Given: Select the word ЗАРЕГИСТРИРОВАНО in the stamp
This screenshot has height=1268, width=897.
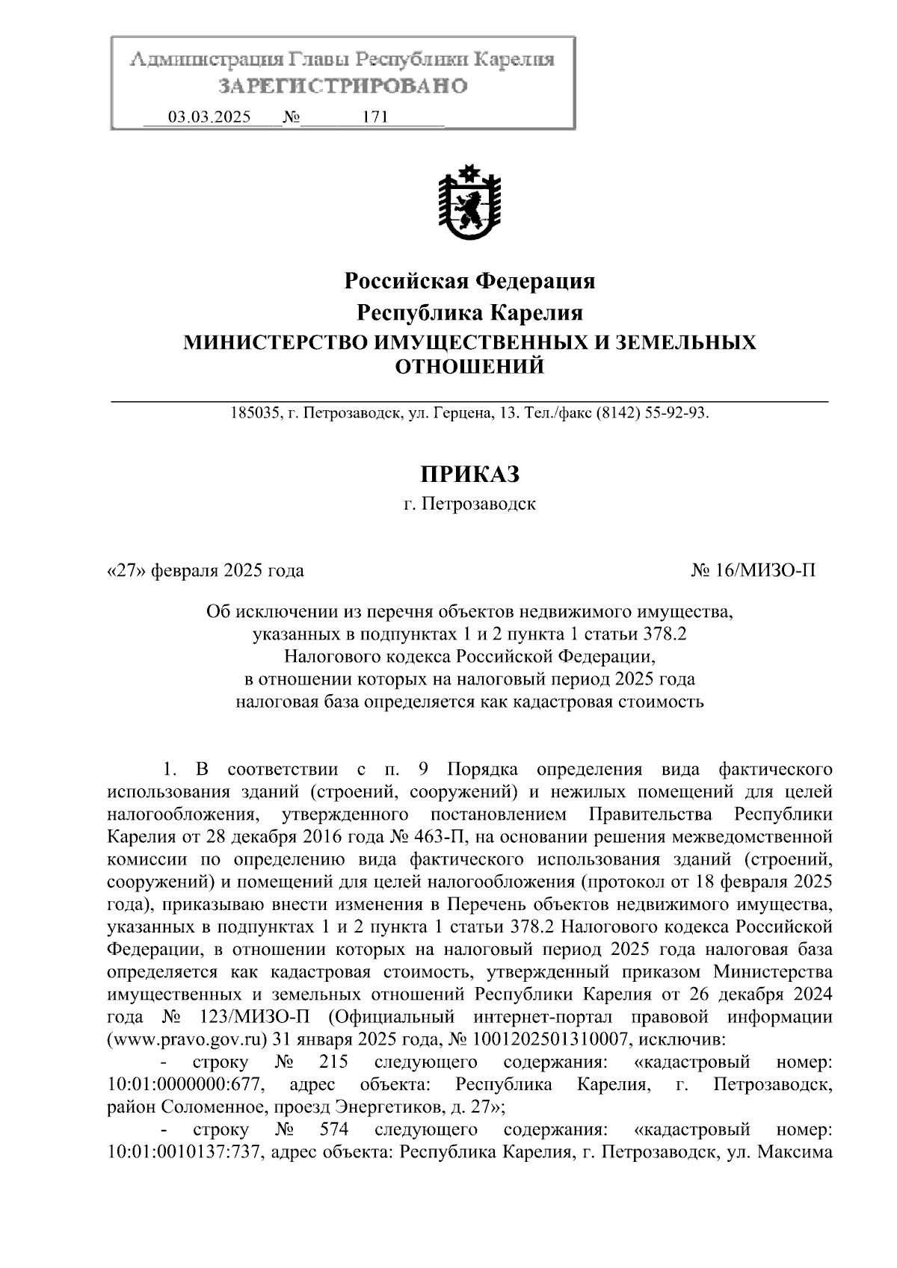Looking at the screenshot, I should (x=343, y=87).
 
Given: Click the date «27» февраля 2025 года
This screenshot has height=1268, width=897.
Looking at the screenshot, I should (x=206, y=571).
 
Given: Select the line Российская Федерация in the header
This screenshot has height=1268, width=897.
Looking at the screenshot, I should (x=469, y=281).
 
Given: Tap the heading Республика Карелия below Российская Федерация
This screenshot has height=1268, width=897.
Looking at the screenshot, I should (x=469, y=312).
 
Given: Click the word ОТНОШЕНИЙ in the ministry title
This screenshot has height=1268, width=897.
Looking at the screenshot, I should (x=469, y=367).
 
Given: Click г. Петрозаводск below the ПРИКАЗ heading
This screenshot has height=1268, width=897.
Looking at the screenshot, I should (x=469, y=504).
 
